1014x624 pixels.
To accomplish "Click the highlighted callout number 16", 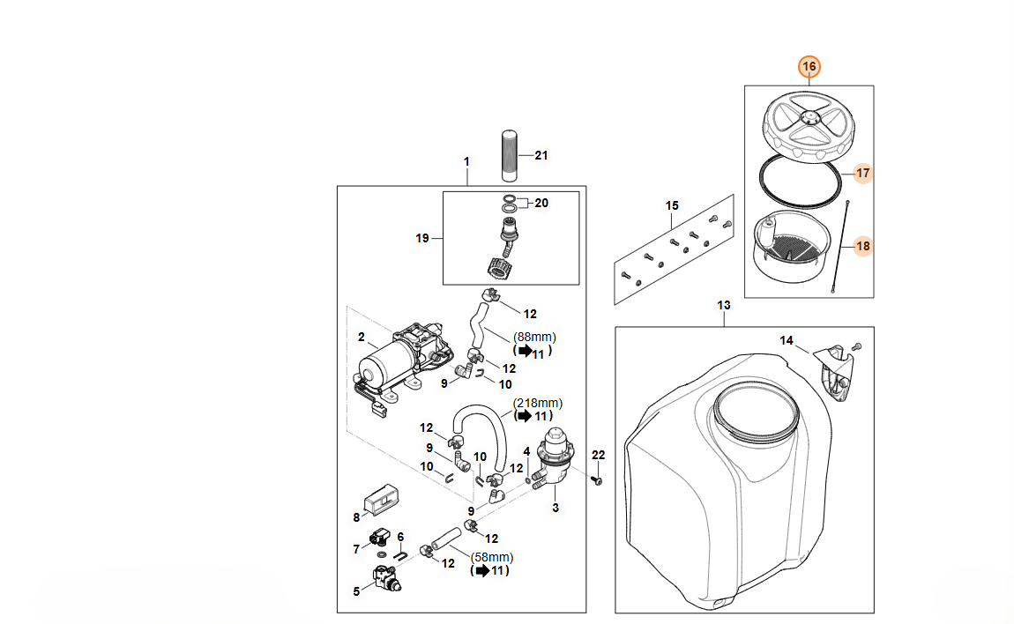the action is coord(809,67).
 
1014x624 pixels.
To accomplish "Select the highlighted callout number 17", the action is coord(862,174).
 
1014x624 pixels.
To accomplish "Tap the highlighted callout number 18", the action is coord(862,246).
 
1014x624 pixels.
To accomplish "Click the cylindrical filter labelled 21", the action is coord(510,156).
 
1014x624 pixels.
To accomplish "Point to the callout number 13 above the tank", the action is coord(724,305).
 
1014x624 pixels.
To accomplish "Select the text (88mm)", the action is coord(535,337).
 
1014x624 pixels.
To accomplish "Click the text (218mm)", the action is coord(538,403).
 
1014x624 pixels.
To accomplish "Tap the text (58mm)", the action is coord(492,557).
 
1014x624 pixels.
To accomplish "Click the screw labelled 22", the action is coord(596,480).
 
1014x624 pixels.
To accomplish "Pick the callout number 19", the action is coord(422,239).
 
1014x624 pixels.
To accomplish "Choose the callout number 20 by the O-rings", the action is coord(541,203).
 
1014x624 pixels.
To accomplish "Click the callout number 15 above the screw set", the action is coord(672,205).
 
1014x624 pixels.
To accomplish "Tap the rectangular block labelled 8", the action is coord(381,499).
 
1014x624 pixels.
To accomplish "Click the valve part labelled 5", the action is coord(386,578).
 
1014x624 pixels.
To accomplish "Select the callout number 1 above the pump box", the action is coord(467,161).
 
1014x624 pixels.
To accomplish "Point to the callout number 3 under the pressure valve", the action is coord(555,509).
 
